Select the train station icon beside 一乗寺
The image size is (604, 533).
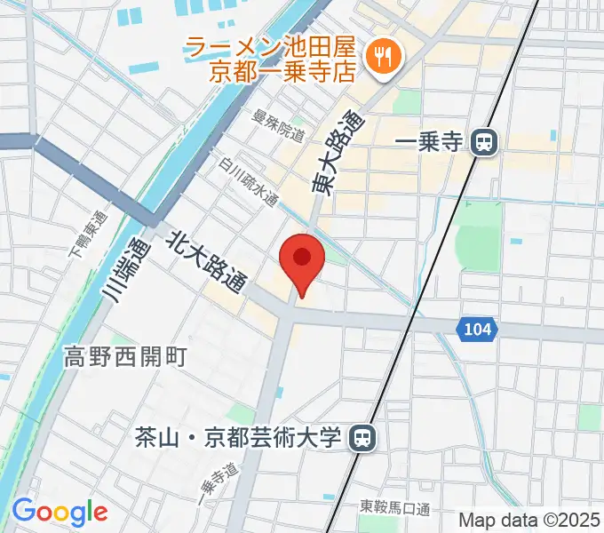484,141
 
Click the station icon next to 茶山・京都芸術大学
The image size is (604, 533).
361,437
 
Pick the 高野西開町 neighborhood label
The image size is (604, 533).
124,357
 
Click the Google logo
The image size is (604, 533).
60,512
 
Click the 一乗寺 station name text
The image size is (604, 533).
430,142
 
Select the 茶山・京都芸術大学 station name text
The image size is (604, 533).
237,437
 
